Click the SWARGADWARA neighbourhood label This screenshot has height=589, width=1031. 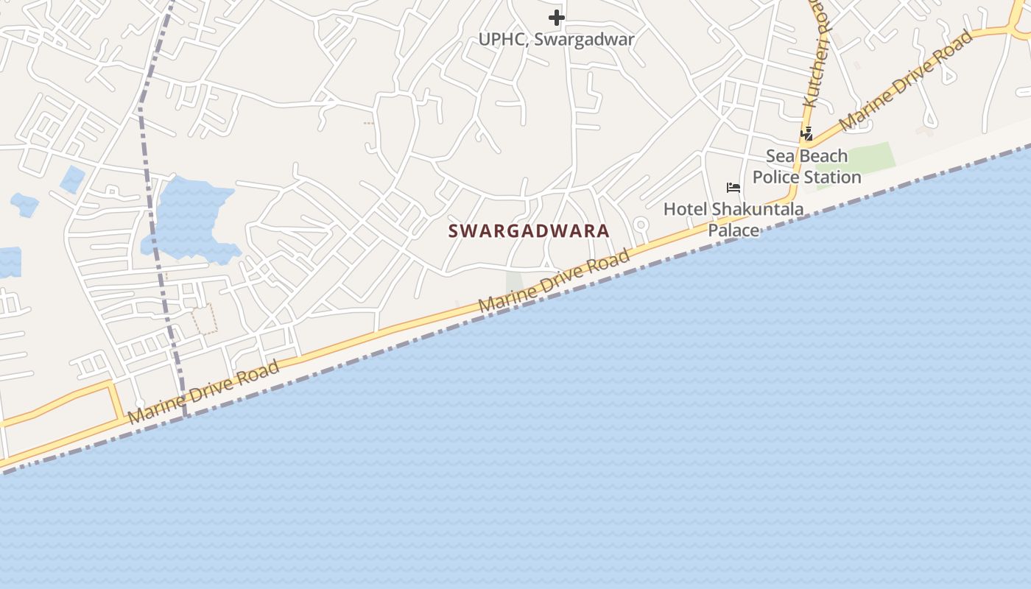coord(529,230)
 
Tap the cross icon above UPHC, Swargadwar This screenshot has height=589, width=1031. coord(557,17)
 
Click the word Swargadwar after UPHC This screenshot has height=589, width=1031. coord(584,39)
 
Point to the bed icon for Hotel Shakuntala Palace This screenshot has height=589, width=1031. coord(733,188)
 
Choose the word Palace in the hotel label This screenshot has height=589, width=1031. coord(733,230)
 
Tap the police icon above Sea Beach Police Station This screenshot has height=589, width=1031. coord(807,134)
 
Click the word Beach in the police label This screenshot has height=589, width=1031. coord(823,156)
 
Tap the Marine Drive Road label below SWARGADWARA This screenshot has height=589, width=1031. coord(555,281)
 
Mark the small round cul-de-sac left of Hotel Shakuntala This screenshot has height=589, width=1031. coord(641,225)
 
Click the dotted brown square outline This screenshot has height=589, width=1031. coord(205,319)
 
